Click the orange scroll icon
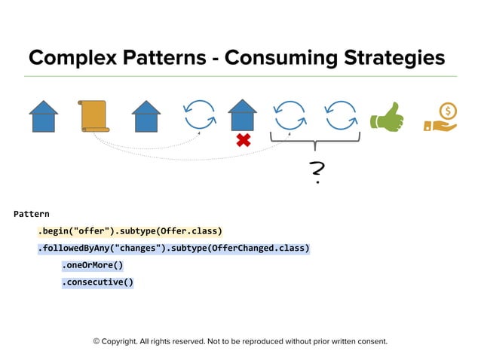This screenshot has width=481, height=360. tap(94, 117)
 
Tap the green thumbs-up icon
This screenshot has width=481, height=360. tap(386, 117)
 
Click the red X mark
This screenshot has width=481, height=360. tap(243, 140)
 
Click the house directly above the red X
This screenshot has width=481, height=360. tap(242, 115)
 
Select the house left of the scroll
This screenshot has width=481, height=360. tap(44, 117)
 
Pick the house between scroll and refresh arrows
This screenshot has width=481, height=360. tap(146, 117)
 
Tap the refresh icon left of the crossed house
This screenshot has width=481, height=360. tap(200, 115)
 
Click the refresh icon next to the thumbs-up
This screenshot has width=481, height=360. tap(341, 115)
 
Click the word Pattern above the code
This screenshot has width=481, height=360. tap(31, 214)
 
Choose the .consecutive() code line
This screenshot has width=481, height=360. tap(97, 282)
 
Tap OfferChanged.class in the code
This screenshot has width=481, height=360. tap(258, 248)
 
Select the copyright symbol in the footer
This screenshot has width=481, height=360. tap(97, 341)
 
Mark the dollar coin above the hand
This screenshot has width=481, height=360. tap(448, 111)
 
